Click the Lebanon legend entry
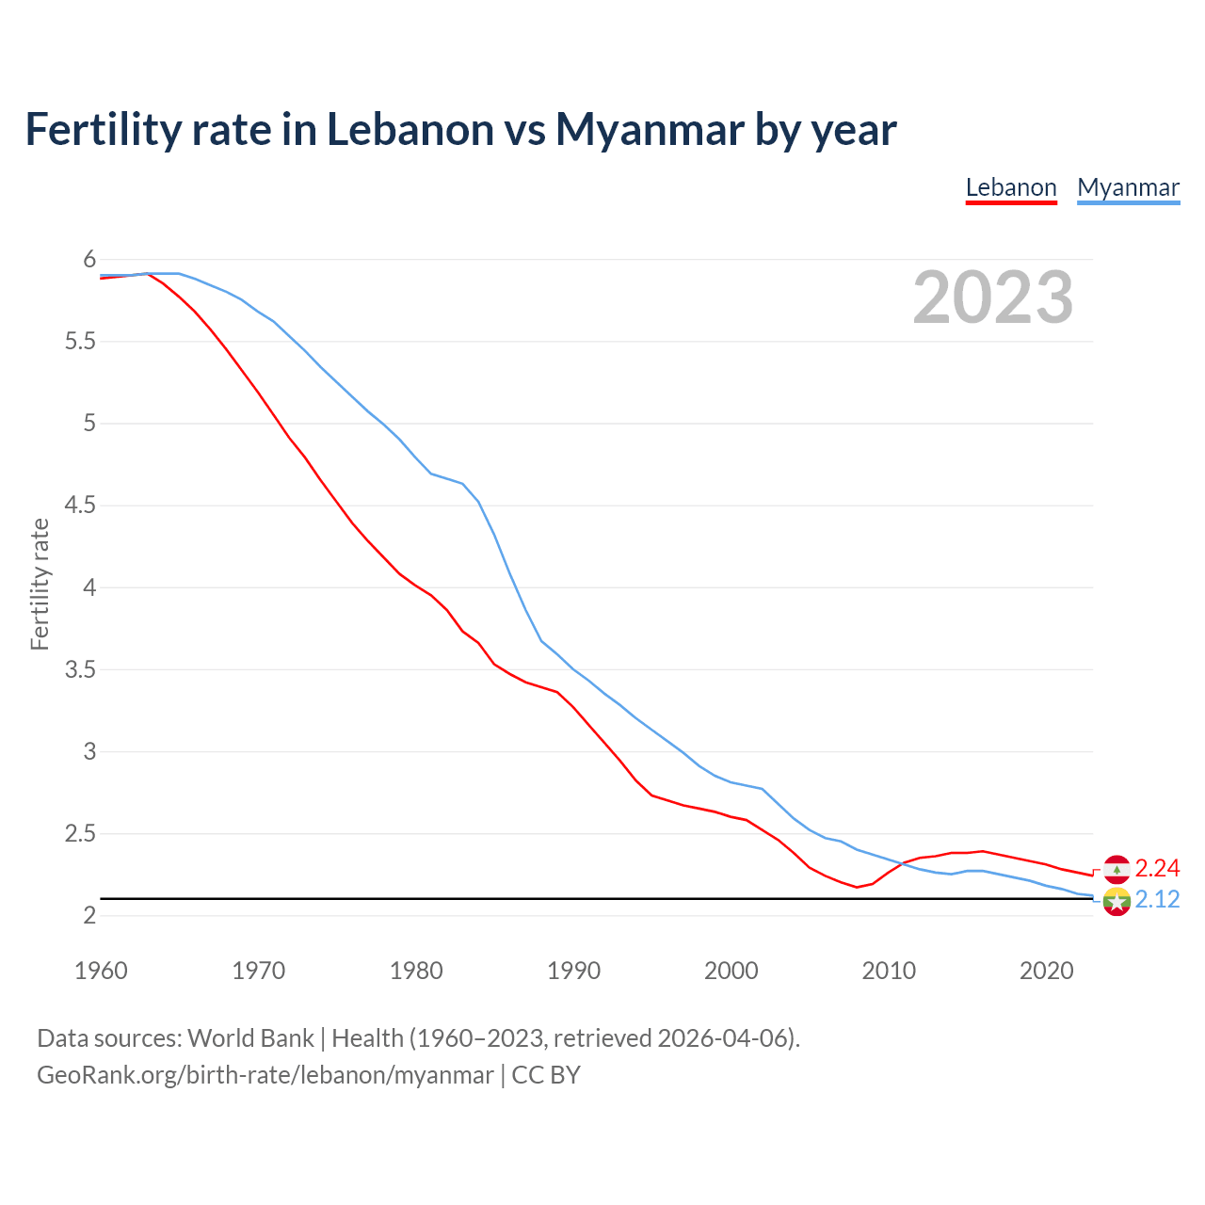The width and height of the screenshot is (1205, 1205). pyautogui.click(x=1011, y=187)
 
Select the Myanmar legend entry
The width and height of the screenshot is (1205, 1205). pyautogui.click(x=1128, y=187)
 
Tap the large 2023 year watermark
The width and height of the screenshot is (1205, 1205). pyautogui.click(x=993, y=297)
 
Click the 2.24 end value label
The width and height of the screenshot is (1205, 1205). pyautogui.click(x=1157, y=868)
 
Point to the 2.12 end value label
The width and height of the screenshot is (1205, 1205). pyautogui.click(x=1157, y=900)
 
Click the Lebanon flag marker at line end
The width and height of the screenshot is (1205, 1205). pyautogui.click(x=1117, y=869)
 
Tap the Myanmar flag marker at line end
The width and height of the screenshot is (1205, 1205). pyautogui.click(x=1117, y=901)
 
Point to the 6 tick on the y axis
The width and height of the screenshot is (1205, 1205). pyautogui.click(x=89, y=259)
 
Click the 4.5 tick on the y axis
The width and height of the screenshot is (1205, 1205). pyautogui.click(x=80, y=506)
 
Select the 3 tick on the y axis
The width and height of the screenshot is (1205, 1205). pyautogui.click(x=89, y=751)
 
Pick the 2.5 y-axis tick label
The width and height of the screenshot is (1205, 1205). pyautogui.click(x=80, y=833)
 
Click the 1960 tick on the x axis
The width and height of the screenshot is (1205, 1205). pyautogui.click(x=101, y=971)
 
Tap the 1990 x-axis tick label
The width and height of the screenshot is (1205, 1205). pyautogui.click(x=573, y=971)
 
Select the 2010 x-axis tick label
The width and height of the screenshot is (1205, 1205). pyautogui.click(x=889, y=971)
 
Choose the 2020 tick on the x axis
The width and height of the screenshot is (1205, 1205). pyautogui.click(x=1046, y=971)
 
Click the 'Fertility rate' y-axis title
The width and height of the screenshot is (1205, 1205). pyautogui.click(x=40, y=584)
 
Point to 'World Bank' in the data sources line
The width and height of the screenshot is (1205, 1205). pyautogui.click(x=250, y=1038)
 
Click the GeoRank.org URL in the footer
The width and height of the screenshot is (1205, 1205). pyautogui.click(x=265, y=1075)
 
